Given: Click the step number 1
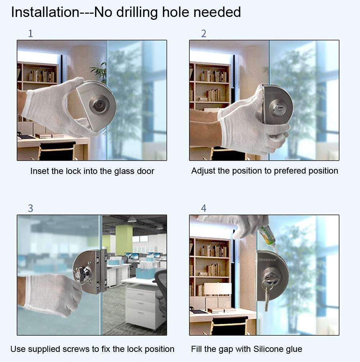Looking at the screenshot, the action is (31, 34).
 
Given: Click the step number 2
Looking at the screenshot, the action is (203, 34).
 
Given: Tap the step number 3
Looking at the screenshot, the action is (31, 208).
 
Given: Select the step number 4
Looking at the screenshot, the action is (203, 208).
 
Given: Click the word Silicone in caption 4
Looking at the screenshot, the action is (269, 349).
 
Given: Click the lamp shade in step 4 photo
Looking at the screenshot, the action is (218, 289).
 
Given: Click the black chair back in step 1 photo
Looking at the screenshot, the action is (58, 151).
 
